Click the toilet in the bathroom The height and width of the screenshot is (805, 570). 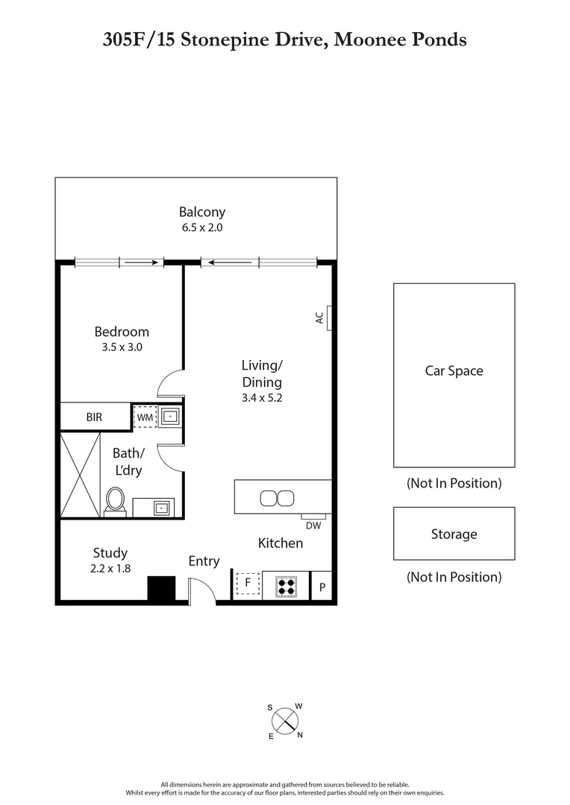tap(116, 499)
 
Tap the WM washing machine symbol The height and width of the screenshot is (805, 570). tap(144, 417)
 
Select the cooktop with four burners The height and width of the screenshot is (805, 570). tap(286, 586)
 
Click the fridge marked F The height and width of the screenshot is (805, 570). tap(248, 584)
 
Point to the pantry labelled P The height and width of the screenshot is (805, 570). tap(322, 587)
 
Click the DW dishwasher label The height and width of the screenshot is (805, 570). tap(313, 525)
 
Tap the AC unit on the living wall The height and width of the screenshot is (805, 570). tap(328, 317)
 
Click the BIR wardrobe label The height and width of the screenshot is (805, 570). tap(94, 417)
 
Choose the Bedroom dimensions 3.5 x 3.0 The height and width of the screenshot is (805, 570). tap(121, 347)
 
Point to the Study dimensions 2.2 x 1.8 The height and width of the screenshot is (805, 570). tap(110, 568)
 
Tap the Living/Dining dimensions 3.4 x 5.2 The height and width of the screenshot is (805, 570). tap(262, 397)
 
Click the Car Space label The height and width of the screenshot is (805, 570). tap(454, 370)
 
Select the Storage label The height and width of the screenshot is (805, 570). tap(454, 534)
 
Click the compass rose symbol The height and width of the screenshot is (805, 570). tap(285, 721)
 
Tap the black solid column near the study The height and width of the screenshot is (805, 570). tap(160, 589)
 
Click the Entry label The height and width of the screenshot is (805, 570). tap(204, 561)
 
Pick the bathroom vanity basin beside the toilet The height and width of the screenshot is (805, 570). tap(161, 508)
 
